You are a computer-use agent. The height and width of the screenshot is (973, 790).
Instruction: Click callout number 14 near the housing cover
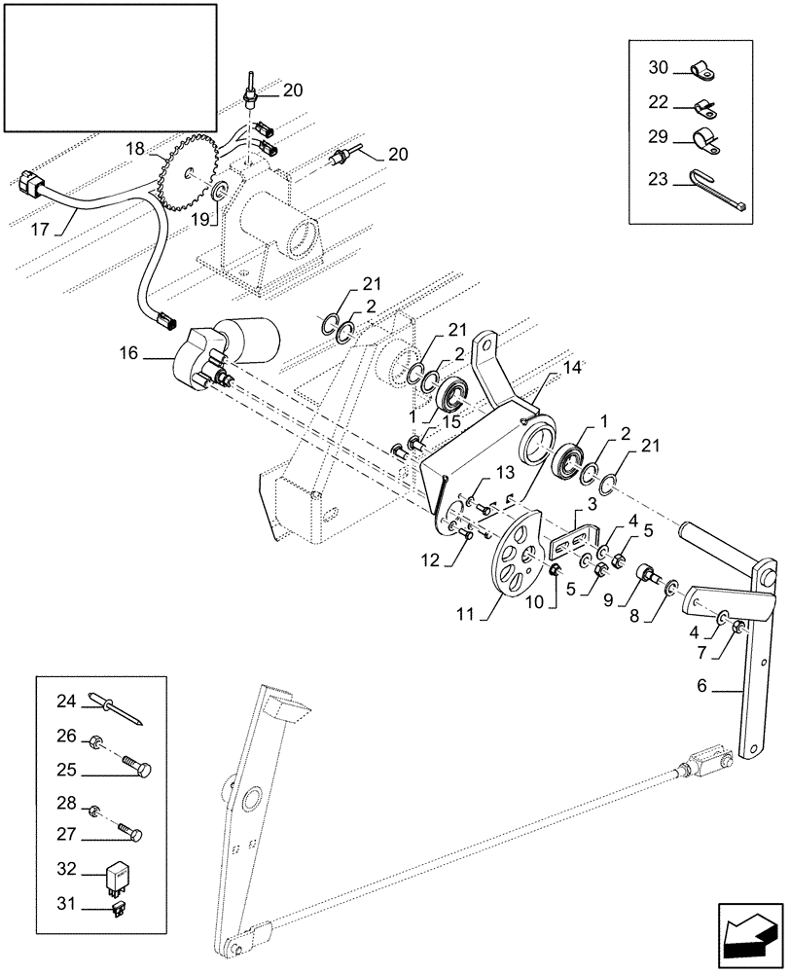click(x=572, y=369)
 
